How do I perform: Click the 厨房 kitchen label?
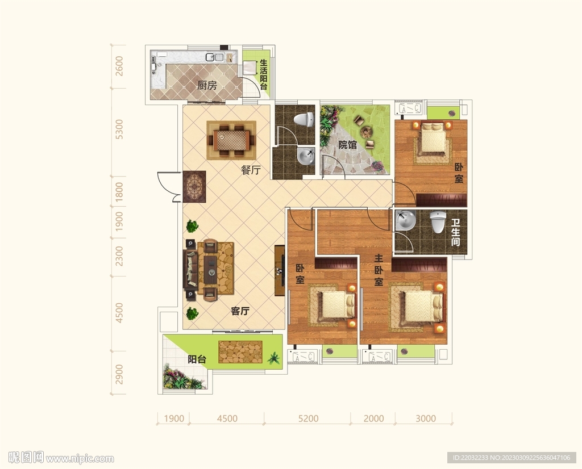coord(207,86)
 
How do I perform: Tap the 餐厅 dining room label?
coord(251,170)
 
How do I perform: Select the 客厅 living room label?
coord(240,311)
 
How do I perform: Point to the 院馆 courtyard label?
coord(347,145)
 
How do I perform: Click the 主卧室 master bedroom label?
coord(378,270)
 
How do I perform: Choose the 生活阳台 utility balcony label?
coord(264,74)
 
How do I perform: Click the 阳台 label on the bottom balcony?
coord(197,359)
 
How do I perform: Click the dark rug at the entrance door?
coord(194,186)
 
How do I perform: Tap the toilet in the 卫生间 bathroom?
coord(438,221)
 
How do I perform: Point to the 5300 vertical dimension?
coord(119,129)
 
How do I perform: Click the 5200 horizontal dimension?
coord(309,418)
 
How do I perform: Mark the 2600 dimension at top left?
coord(119,66)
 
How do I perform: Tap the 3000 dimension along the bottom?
coord(425,418)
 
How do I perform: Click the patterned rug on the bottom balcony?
coord(240,352)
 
